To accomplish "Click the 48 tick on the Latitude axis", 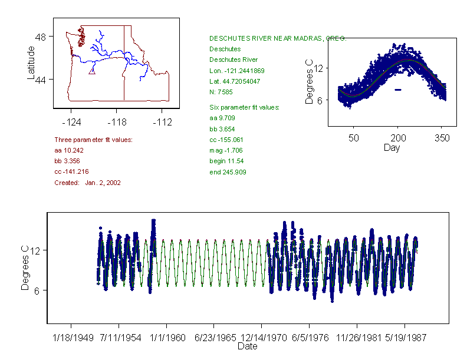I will click(x=41, y=37).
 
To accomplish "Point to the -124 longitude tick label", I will click(x=71, y=122).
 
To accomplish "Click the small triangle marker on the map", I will click(x=91, y=71).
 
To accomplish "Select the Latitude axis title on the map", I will click(x=31, y=63).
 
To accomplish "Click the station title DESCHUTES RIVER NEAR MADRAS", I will click(x=278, y=38).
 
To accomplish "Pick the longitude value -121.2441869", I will click(x=237, y=71).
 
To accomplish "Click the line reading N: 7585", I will click(x=223, y=92).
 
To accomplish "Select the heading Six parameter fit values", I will click(x=245, y=107).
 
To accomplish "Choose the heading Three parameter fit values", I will click(x=93, y=140).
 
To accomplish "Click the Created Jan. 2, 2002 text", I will click(x=87, y=183).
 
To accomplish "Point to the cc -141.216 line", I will click(x=75, y=172).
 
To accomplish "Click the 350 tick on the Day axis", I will click(x=442, y=138).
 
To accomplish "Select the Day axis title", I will click(x=392, y=147).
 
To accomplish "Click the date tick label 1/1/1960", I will click(x=166, y=338).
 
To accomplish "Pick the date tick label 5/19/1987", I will click(x=404, y=338).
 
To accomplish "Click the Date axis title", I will click(x=248, y=346).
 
